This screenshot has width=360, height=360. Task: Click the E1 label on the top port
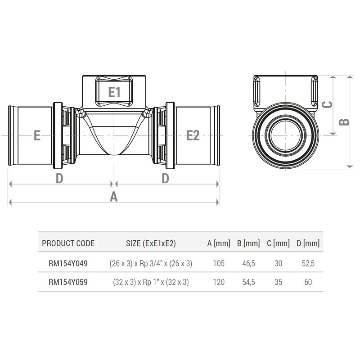point(115,92)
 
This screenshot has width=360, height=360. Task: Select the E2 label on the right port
point(193,135)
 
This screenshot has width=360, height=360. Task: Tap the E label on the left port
point(37,135)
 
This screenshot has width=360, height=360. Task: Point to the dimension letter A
point(114,197)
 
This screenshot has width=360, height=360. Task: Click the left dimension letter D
point(59,179)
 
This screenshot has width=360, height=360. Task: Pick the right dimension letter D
point(165,179)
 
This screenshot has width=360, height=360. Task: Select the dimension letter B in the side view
point(344,122)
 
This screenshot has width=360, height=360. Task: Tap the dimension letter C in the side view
point(328,104)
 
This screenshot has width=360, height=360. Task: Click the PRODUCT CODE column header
point(68,243)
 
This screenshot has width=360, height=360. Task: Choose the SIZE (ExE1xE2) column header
point(151,243)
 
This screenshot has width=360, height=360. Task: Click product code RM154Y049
point(68,264)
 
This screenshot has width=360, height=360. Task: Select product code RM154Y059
point(68,283)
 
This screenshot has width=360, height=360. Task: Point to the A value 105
point(218,264)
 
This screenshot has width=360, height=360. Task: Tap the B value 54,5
point(248,283)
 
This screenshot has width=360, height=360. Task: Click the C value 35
point(278,283)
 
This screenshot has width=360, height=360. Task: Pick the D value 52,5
point(308,264)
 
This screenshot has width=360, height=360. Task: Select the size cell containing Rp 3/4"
point(151,264)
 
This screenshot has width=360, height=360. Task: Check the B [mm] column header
point(248,243)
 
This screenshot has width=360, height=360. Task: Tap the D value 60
point(308,283)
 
